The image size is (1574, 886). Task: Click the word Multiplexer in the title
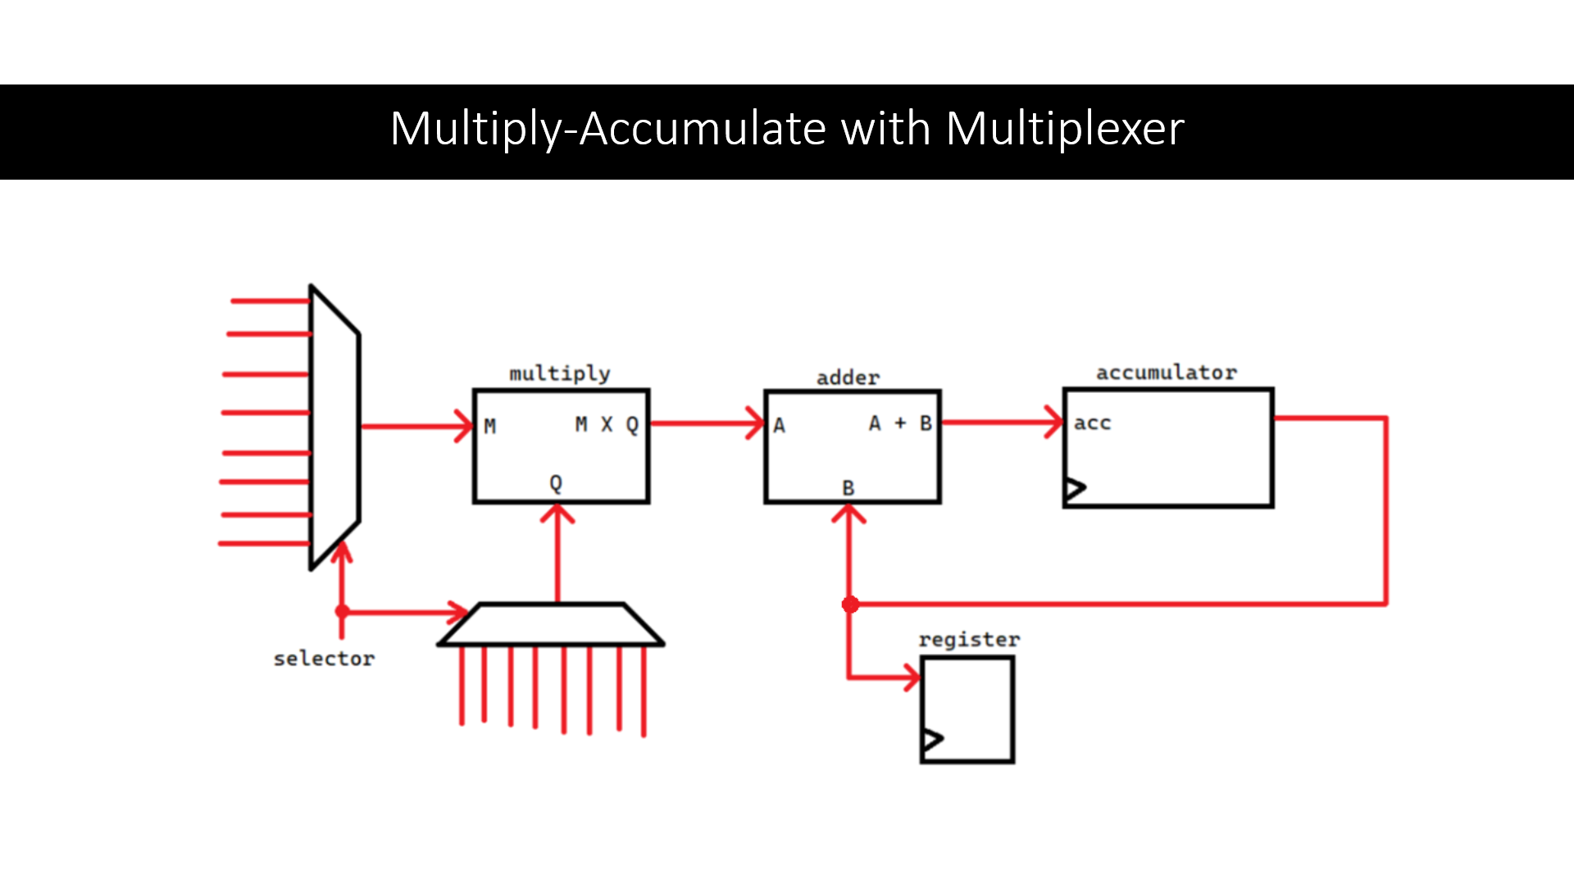1064,130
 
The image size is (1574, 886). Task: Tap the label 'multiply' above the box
560,374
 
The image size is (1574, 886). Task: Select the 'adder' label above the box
848,378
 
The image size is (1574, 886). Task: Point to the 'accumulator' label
1167,373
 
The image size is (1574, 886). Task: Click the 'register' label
969,640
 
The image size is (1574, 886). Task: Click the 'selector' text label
324,659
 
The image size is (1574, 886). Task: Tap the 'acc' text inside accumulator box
1092,423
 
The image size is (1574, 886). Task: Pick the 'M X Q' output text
606,425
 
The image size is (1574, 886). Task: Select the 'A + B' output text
900,423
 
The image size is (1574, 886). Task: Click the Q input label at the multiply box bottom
556,483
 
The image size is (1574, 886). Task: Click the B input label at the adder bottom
848,488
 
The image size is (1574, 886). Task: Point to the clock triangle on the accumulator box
1075,489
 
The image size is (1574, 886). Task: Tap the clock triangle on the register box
932,740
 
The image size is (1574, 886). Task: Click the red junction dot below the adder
850,605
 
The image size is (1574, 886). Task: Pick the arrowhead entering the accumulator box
1056,422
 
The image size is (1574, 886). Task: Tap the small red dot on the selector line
343,611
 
